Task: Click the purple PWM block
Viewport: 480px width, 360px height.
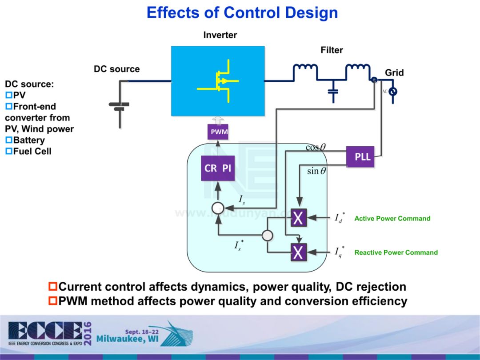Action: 218,132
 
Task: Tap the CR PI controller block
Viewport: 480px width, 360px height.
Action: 218,168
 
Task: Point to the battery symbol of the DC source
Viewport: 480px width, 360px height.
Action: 119,107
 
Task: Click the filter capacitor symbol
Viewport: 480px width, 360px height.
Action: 333,92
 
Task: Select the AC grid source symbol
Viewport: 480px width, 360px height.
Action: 392,92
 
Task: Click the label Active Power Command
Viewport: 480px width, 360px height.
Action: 392,218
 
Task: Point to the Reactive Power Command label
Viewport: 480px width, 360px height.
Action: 396,252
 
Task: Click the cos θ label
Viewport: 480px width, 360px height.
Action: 316,147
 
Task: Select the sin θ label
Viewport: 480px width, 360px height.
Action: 316,171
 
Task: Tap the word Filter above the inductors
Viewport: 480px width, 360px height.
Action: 332,50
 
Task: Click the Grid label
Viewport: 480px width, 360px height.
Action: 394,72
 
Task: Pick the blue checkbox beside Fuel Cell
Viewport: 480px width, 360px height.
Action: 8,151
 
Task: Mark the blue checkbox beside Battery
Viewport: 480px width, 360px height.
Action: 8,140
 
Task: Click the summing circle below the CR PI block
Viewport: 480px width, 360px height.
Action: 217,208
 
